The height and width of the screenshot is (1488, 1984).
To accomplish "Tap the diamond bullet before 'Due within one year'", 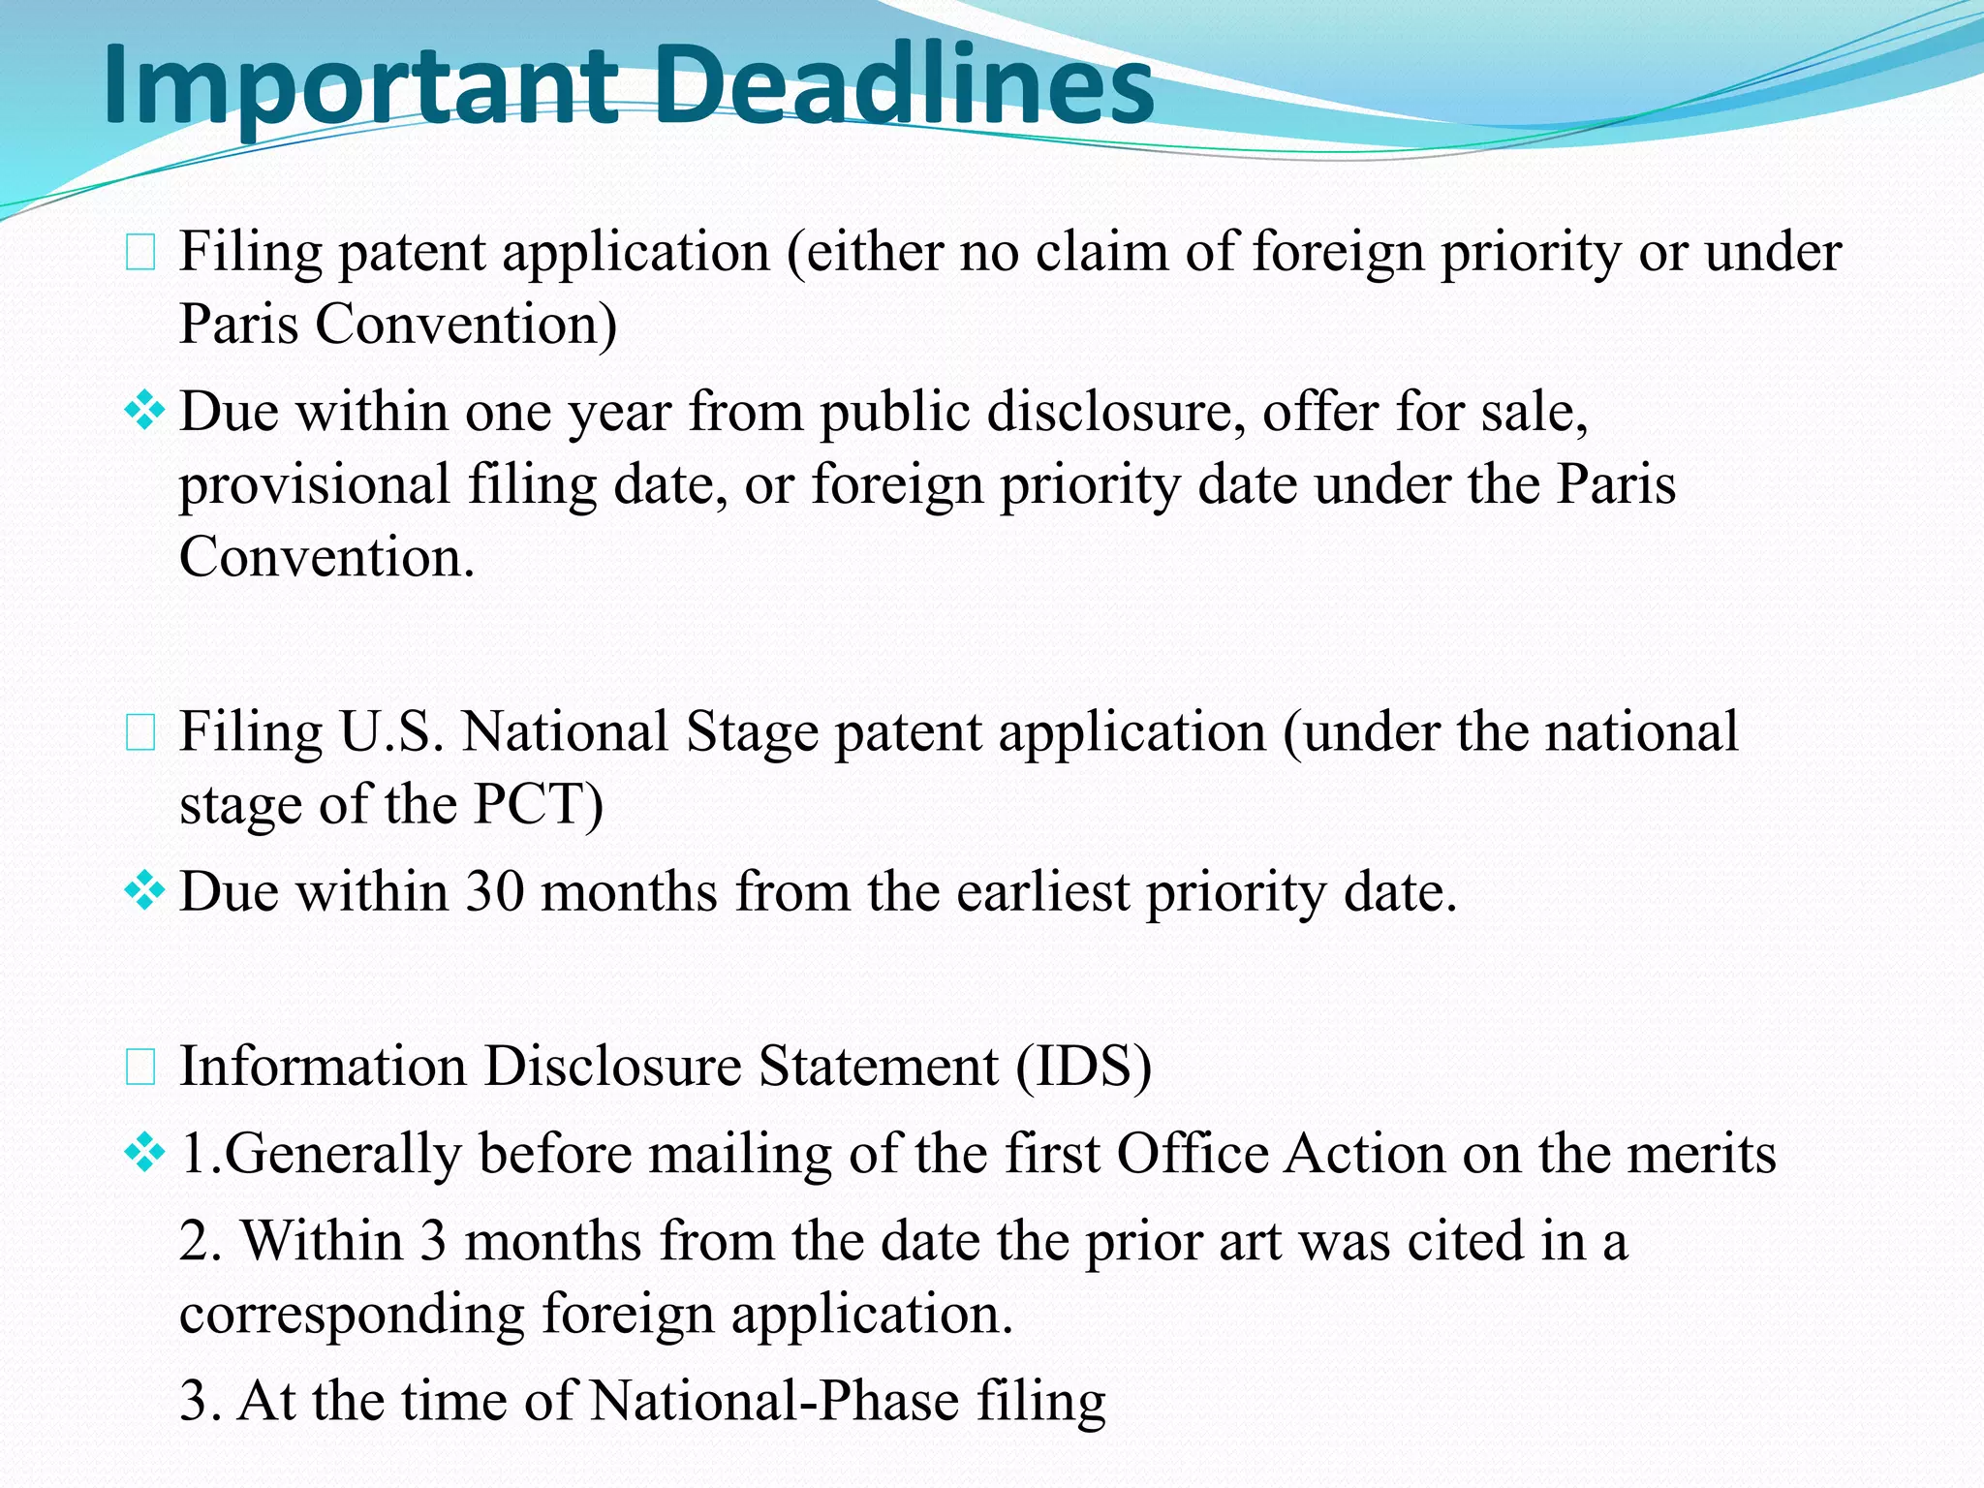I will [144, 411].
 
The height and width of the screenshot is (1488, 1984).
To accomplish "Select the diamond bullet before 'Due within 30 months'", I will [144, 890].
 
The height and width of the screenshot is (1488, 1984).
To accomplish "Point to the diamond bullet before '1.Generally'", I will [144, 1153].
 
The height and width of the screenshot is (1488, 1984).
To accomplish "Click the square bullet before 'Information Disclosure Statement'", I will [141, 1068].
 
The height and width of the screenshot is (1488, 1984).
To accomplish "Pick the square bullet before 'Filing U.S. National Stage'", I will [141, 734].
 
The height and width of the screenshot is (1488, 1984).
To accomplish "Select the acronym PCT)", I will [538, 804].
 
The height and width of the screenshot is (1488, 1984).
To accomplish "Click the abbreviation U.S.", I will [391, 732].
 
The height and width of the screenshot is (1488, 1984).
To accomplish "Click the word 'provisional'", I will [315, 484].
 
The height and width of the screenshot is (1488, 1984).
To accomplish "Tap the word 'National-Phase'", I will [774, 1401].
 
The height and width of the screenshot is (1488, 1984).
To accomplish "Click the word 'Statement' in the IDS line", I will [878, 1067].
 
